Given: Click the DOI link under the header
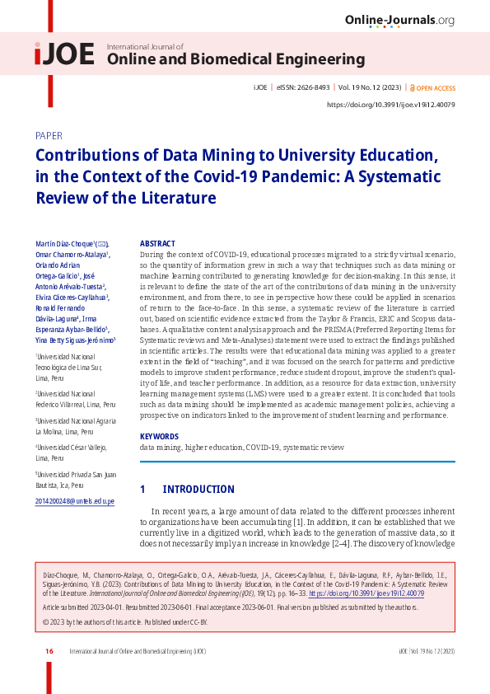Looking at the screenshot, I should tap(391, 105).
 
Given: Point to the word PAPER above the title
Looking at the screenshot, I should tap(49, 135).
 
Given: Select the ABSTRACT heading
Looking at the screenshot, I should tap(157, 244).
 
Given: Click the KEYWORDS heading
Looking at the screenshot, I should tap(159, 435).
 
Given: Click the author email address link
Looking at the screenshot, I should tap(75, 501).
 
